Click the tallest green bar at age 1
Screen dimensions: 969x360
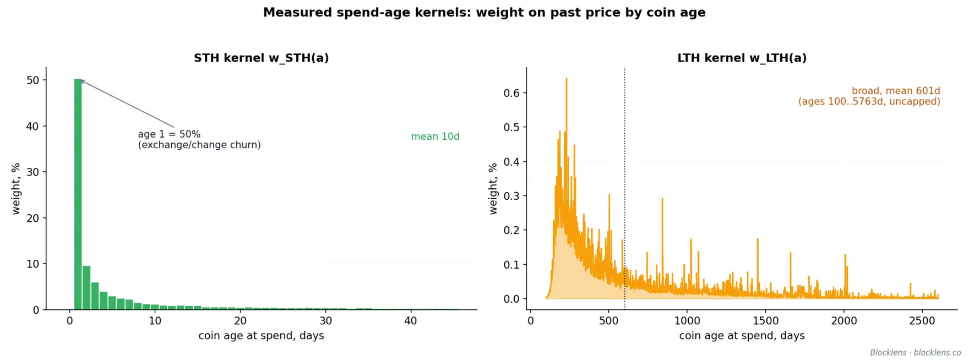pyautogui.click(x=78, y=194)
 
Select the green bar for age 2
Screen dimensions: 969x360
pyautogui.click(x=86, y=288)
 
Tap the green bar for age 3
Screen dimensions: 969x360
pyautogui.click(x=95, y=296)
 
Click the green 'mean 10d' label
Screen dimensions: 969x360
pyautogui.click(x=435, y=137)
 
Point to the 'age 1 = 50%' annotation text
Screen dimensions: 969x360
pyautogui.click(x=169, y=134)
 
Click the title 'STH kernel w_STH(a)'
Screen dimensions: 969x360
pyautogui.click(x=261, y=58)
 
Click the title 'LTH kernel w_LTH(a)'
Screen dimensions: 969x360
pyautogui.click(x=742, y=58)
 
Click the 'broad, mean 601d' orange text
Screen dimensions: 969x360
pyautogui.click(x=896, y=91)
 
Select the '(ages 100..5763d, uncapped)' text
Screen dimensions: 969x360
pyautogui.click(x=869, y=102)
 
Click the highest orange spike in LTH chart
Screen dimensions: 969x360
pyautogui.click(x=567, y=79)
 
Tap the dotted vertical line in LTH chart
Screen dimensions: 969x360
pyautogui.click(x=625, y=188)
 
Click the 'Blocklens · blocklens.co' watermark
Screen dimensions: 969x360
pyautogui.click(x=915, y=352)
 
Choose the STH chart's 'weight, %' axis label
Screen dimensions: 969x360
pyautogui.click(x=16, y=188)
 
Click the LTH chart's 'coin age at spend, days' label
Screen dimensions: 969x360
pyautogui.click(x=742, y=336)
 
